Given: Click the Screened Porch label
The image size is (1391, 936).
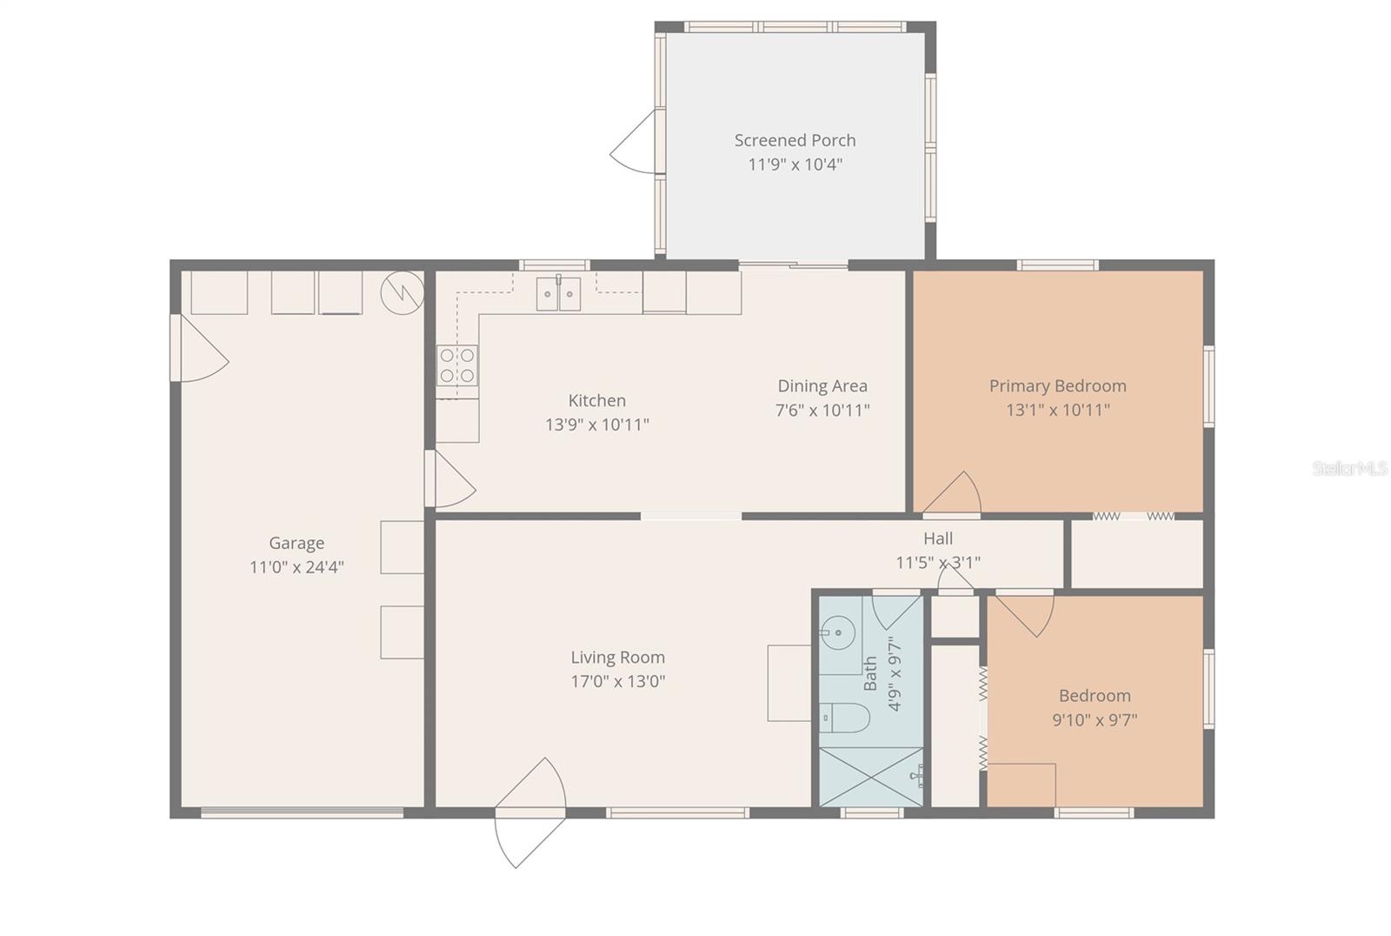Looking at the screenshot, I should (795, 140).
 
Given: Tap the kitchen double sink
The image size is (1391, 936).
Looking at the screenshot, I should (558, 294).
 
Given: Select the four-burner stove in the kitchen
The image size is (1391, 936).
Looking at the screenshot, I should (457, 365).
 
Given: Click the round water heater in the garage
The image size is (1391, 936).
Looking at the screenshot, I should (403, 293).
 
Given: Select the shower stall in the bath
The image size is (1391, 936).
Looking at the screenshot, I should (871, 776).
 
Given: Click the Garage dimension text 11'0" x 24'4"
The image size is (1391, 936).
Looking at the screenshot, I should (296, 567).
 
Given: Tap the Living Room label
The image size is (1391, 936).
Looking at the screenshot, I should (617, 658).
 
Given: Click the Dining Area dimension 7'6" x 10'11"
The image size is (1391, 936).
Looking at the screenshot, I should (822, 410).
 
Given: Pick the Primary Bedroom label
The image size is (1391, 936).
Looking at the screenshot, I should (1057, 385).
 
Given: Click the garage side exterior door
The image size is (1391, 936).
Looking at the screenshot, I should (198, 348).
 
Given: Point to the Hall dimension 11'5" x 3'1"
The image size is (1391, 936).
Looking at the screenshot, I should (938, 563).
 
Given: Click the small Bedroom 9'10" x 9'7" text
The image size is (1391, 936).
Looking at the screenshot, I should (1095, 719).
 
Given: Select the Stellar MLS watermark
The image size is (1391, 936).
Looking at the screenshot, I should (1349, 469).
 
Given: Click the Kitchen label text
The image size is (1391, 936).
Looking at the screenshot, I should (596, 400).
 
